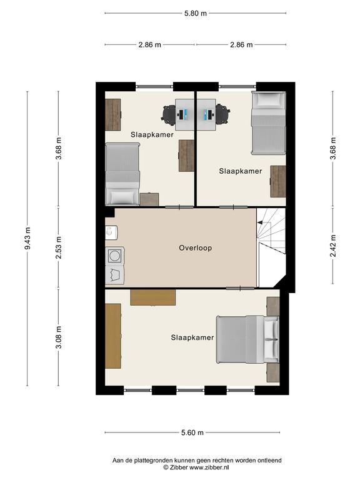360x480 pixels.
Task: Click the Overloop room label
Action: (195, 248)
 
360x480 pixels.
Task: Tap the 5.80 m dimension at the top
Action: (195, 14)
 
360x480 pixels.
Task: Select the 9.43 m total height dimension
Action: (27, 238)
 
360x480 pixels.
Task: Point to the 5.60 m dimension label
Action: (192, 432)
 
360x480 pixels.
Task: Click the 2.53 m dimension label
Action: (59, 247)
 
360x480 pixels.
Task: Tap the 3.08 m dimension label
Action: (59, 337)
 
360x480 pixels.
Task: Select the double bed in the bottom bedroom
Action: (247, 340)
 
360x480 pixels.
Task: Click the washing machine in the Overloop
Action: (115, 256)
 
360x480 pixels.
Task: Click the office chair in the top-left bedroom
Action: (168, 114)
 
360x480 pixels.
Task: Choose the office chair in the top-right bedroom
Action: (222, 114)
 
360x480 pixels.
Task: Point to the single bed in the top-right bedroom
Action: (269, 122)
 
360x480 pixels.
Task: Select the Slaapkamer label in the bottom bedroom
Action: (192, 337)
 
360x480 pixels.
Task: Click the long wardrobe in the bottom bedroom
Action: (113, 336)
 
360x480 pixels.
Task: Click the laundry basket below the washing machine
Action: (115, 274)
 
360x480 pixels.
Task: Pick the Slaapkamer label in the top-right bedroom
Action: (241, 171)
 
